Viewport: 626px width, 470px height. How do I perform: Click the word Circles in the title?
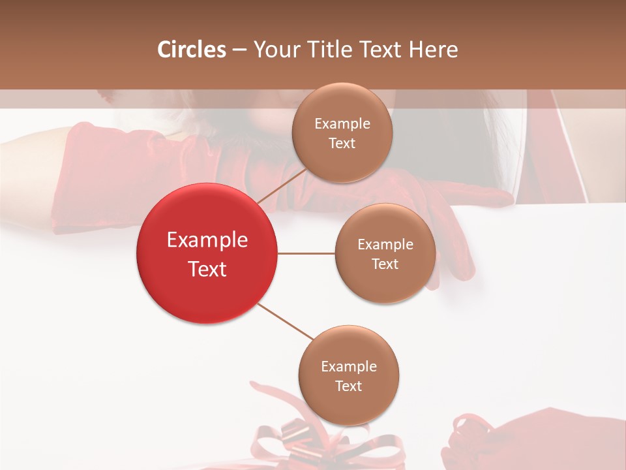[x=191, y=50]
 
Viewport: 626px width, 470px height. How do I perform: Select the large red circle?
[x=207, y=253]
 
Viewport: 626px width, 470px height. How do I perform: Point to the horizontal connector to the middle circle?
[x=306, y=253]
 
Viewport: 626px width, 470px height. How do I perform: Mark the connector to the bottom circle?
[x=286, y=322]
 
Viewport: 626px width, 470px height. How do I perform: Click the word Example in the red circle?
[x=207, y=240]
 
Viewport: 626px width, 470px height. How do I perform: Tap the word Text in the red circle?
[x=207, y=268]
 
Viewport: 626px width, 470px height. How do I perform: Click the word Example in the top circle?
[x=342, y=123]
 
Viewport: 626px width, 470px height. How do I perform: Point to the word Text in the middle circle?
[x=385, y=264]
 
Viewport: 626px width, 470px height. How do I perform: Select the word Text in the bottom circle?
[x=348, y=386]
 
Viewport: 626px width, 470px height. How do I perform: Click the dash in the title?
[x=239, y=50]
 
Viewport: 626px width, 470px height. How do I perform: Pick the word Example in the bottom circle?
[x=348, y=366]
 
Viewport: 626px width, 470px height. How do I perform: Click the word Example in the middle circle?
[x=385, y=244]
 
